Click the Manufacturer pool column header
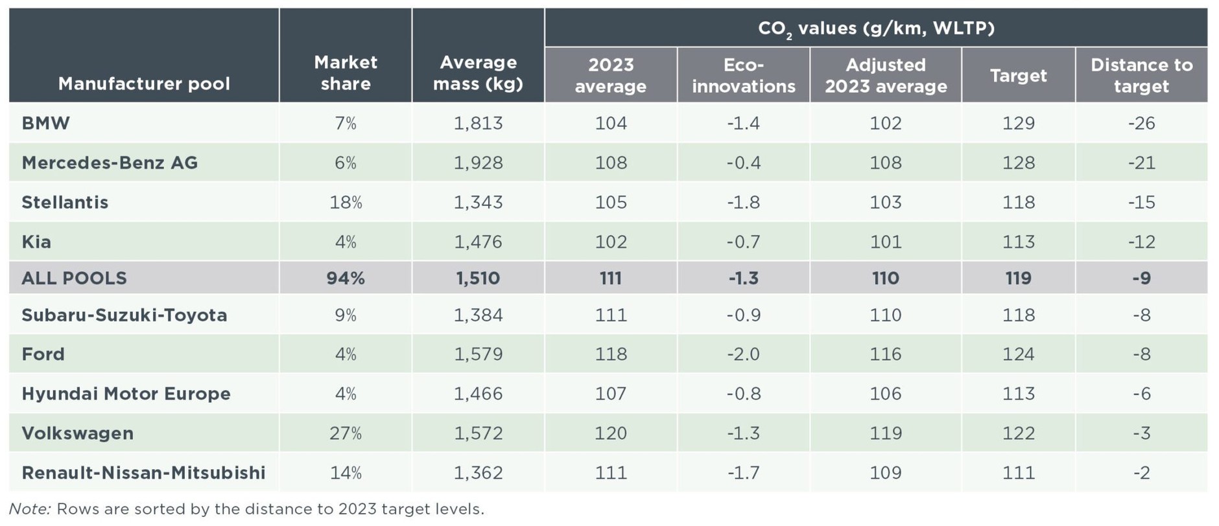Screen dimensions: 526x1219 144,84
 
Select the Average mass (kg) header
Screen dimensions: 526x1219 478,73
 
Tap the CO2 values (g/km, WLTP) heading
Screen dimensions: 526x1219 875,29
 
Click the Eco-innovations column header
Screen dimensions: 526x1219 743,75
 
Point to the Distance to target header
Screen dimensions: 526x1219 1141,75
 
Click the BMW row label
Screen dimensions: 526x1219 45,123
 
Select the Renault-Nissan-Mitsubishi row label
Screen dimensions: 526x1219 143,473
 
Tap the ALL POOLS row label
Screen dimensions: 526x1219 74,279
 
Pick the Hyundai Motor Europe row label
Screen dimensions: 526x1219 126,394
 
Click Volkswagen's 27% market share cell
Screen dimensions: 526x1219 346,433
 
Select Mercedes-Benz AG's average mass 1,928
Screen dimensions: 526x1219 478,163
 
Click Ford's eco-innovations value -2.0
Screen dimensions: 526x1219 743,354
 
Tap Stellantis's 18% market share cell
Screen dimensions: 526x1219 346,202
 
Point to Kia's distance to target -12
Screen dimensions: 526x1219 1141,242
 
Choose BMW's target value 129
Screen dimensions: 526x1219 1018,123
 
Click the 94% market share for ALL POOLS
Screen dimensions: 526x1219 346,279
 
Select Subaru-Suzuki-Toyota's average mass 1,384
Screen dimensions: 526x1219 478,315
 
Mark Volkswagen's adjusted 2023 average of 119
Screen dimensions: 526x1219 885,433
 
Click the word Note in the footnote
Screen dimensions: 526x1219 29,509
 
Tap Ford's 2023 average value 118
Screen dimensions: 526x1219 611,354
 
